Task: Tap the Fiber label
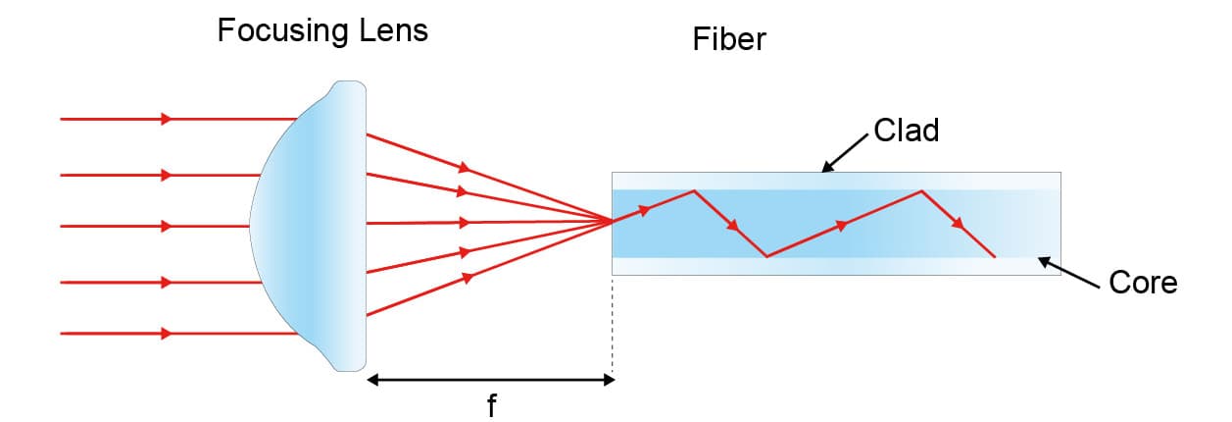pos(728,40)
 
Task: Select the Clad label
pos(907,131)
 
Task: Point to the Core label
pos(1143,284)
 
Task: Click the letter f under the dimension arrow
pos(491,405)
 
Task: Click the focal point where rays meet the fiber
pos(613,222)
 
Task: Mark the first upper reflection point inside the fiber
pos(694,190)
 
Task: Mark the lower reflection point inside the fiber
pos(766,257)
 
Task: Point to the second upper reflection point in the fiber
pos(921,190)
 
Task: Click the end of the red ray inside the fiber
pos(995,257)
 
